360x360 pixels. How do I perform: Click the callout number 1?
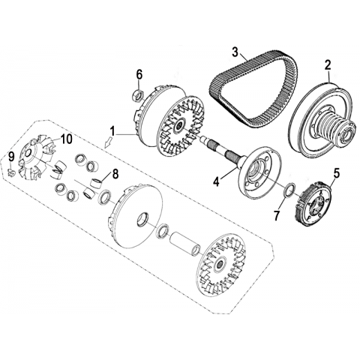coord(113,131)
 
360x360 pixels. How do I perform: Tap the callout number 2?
coord(328,65)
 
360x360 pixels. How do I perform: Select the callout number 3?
coord(235,52)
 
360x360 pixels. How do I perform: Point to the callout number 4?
coord(216,181)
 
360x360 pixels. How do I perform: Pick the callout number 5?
coord(336,173)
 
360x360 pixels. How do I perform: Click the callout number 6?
coord(139,74)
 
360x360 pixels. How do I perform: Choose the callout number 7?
coord(276,216)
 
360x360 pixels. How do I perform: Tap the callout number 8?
coord(115,174)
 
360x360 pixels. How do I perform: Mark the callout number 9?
coord(11,157)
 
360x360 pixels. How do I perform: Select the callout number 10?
coord(66,139)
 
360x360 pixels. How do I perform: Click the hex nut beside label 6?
coord(138,96)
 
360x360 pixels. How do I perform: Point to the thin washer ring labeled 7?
coord(288,191)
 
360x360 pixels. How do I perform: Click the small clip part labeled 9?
coord(10,172)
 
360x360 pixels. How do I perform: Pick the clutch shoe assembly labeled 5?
coord(313,203)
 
